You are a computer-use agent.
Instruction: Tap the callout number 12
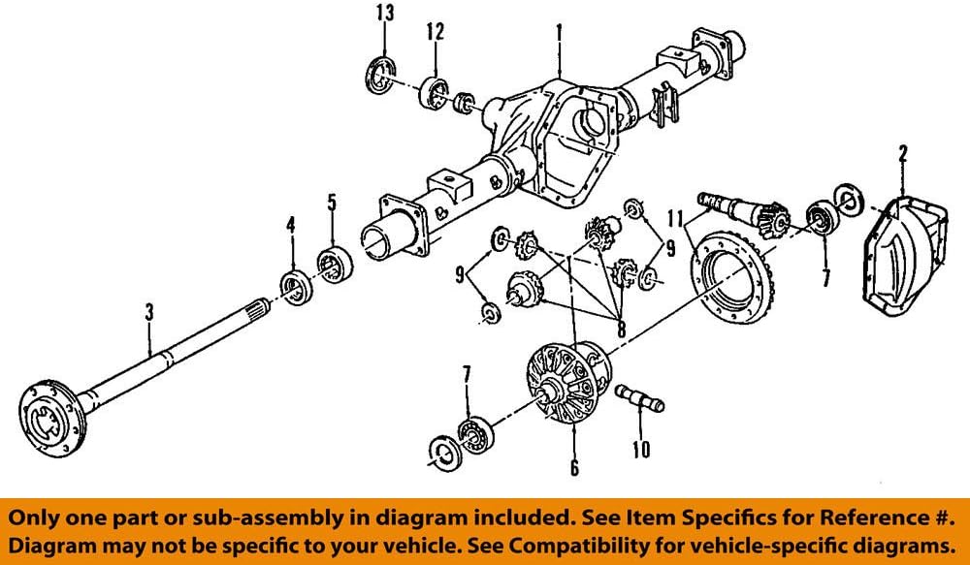[435, 32]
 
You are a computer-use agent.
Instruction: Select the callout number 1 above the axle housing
[560, 32]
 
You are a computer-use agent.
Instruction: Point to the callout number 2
[902, 152]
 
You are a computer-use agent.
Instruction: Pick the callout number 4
[289, 227]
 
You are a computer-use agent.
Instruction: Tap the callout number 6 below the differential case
[574, 469]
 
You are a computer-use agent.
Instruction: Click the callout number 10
[640, 450]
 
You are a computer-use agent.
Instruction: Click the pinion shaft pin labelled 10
[635, 399]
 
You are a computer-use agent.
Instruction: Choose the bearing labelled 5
[335, 265]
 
